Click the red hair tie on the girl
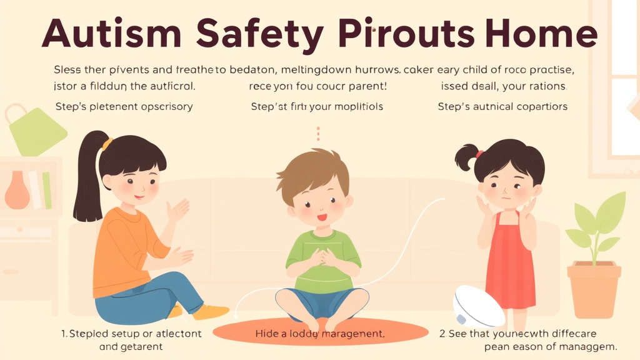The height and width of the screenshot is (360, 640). click(479, 153)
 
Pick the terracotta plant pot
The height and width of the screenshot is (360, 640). click(593, 288)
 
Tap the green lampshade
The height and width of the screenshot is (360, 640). click(37, 132)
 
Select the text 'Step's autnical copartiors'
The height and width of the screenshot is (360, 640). click(502, 106)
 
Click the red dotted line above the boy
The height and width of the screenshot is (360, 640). click(318, 133)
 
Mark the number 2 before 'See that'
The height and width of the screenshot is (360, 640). click(442, 333)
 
